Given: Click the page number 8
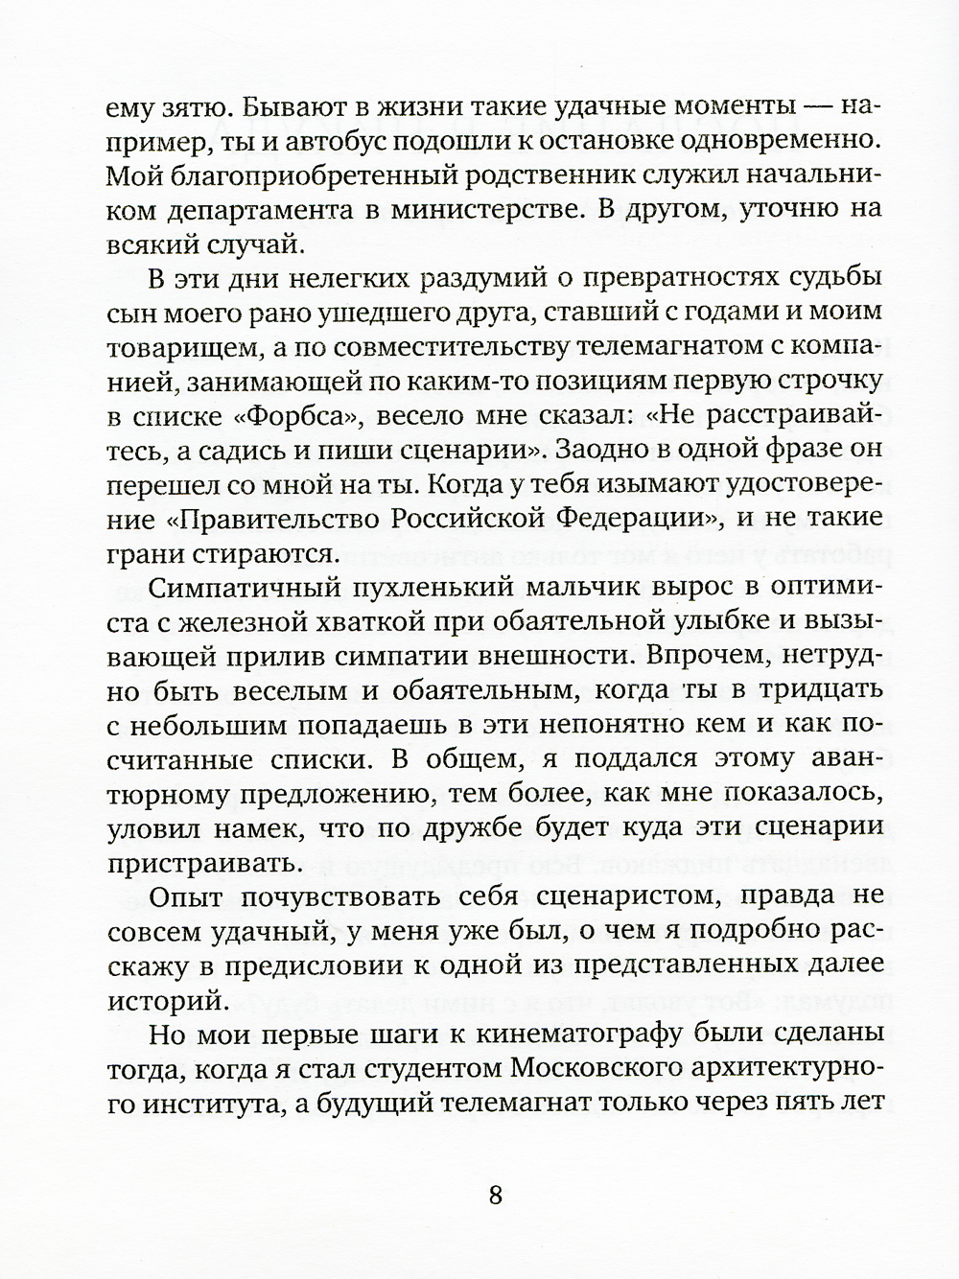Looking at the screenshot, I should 496,1196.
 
